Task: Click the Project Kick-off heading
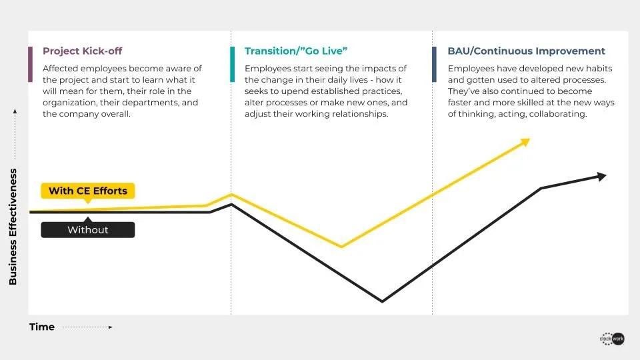click(x=83, y=51)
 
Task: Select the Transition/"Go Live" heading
click(x=296, y=51)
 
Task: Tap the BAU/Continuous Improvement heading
click(x=526, y=51)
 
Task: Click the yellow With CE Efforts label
click(x=88, y=191)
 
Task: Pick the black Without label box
click(x=88, y=229)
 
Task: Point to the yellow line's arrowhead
click(x=525, y=142)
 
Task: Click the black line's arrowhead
click(x=602, y=176)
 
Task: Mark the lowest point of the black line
click(x=382, y=301)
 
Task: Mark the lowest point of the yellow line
click(x=341, y=247)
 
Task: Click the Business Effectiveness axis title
click(x=13, y=227)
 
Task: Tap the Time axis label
click(x=41, y=327)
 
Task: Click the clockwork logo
click(x=612, y=339)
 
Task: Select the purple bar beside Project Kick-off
click(x=30, y=65)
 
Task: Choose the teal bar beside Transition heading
click(x=232, y=65)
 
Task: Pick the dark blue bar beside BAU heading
click(x=434, y=65)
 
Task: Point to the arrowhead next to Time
click(x=110, y=327)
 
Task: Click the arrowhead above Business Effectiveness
click(x=15, y=111)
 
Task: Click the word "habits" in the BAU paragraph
click(x=599, y=69)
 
